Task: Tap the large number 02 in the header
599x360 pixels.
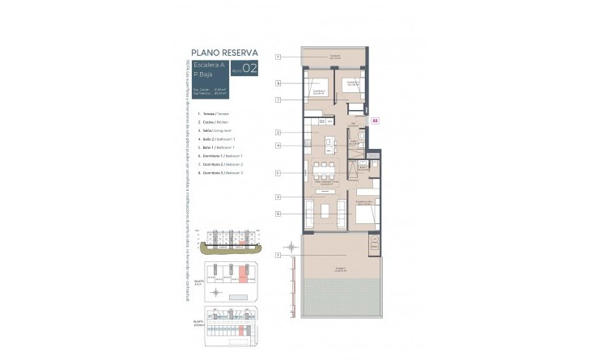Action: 250,69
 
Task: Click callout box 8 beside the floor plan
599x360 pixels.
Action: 277,83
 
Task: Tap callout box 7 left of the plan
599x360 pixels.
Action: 277,100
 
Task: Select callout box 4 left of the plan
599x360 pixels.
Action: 277,146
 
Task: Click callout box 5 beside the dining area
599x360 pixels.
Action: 277,172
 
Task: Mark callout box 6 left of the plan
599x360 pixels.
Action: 277,214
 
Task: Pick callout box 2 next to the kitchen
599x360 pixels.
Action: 277,132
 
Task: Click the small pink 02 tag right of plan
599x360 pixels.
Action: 375,121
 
